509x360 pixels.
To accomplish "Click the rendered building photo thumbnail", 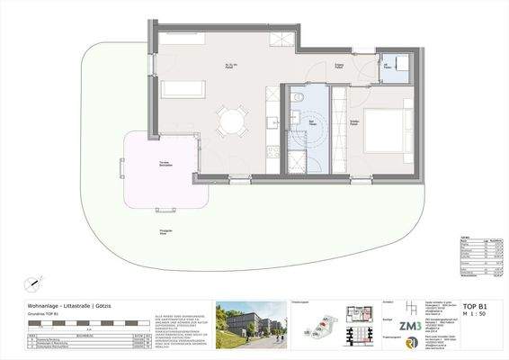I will pyautogui.click(x=250, y=323).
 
